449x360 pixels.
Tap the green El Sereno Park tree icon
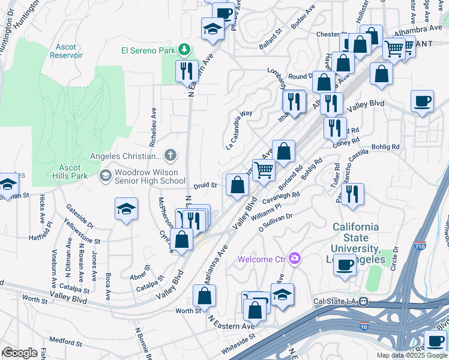186,49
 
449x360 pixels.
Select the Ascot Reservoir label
67,51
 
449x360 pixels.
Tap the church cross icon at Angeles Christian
170,156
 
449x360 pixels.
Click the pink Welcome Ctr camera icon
294,259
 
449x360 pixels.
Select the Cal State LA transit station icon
363,302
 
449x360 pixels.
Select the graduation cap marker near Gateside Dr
125,208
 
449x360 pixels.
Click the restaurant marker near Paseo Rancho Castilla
352,193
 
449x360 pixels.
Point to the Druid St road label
206,185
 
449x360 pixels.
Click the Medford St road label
65,343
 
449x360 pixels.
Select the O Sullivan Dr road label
275,223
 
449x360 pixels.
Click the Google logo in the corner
19,353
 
